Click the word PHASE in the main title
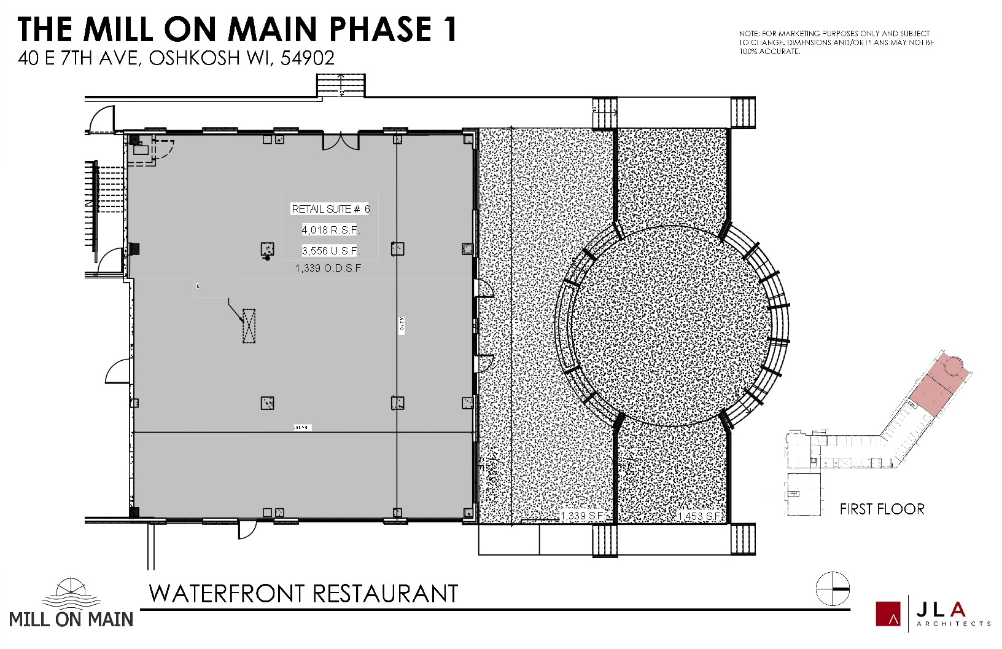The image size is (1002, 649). (381, 29)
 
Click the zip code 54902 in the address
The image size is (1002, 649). (307, 58)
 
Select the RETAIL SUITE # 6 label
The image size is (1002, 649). (330, 209)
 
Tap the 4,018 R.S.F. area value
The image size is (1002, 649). (330, 230)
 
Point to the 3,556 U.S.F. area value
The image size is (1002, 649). (330, 251)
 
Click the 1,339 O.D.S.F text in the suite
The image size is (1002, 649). (328, 268)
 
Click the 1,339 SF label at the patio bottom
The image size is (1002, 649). (582, 516)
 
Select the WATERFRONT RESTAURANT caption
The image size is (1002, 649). (303, 594)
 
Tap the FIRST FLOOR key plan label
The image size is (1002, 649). (882, 509)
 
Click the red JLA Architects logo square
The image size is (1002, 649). (888, 614)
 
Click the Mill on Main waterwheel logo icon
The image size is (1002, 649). (71, 593)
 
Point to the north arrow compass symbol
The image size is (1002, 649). (833, 589)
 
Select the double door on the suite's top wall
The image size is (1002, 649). (341, 141)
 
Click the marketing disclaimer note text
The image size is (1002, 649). (836, 42)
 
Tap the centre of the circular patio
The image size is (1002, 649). (671, 326)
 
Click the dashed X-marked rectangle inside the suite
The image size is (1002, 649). (249, 325)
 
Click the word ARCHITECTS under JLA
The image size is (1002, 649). (953, 623)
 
